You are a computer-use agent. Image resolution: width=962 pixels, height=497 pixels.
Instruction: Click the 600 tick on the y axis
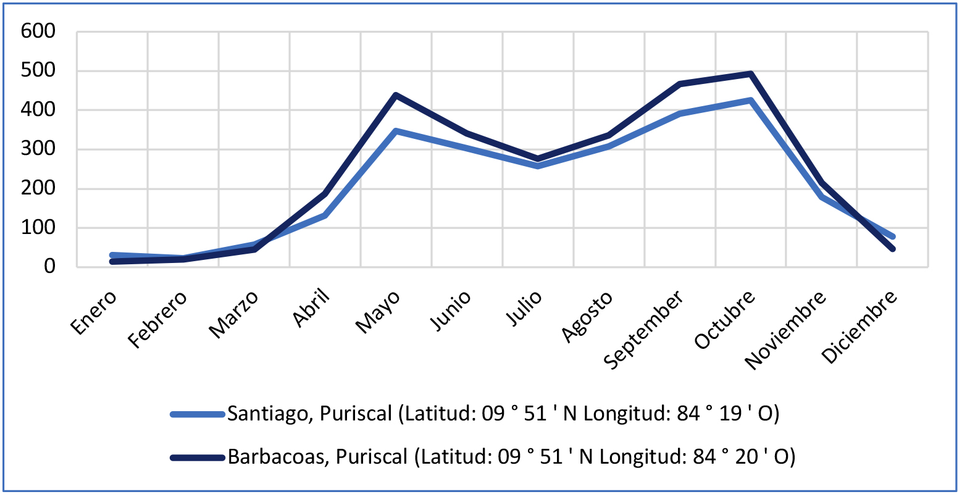pos(38,31)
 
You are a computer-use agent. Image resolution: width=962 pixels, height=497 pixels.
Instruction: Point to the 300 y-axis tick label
pos(38,149)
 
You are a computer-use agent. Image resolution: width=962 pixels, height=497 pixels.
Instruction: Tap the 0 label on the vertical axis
pos(49,267)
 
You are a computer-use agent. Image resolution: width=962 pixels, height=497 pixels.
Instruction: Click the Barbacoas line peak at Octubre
pos(751,74)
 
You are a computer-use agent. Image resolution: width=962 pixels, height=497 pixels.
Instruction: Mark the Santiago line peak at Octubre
pos(751,100)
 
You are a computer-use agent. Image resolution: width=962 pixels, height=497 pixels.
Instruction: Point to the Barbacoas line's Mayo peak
pos(396,95)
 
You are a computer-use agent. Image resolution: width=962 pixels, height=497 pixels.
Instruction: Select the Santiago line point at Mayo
pos(396,131)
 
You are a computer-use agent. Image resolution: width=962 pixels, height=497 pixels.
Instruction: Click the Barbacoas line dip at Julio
pos(538,159)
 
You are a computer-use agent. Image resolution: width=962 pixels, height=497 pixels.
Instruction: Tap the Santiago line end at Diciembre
pos(892,236)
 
